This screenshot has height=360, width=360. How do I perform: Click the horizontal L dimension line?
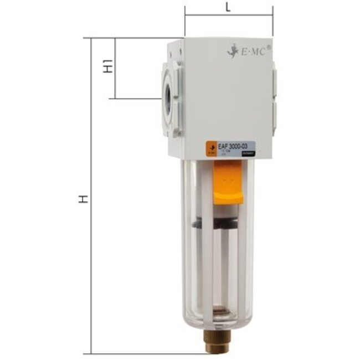tap(228, 16)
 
